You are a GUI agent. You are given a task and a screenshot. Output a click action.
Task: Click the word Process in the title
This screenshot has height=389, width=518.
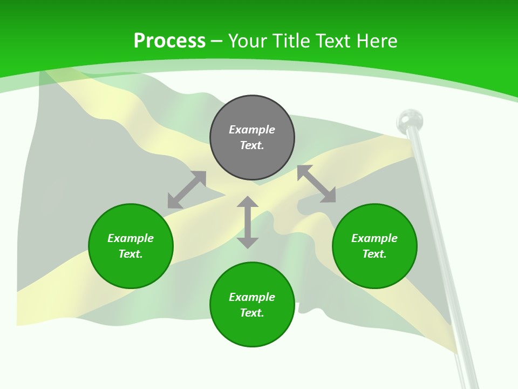pos(169,41)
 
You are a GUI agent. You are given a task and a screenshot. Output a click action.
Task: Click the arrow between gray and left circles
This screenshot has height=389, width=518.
pos(187,190)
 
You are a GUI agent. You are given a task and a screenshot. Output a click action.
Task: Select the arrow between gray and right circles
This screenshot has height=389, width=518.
pos(316,184)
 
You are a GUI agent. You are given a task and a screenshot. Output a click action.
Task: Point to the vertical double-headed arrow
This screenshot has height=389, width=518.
pos(248,222)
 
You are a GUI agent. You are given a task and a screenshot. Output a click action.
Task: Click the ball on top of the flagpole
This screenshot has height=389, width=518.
pos(410,119)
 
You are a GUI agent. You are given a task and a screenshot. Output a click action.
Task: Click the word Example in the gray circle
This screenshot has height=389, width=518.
pos(252,130)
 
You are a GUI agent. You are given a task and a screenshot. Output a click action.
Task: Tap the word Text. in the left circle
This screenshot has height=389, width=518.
pos(131,254)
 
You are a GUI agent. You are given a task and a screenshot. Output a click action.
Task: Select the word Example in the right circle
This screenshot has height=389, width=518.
pos(374,238)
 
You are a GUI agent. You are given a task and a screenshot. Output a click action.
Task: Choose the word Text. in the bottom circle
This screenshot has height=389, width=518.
pos(252,313)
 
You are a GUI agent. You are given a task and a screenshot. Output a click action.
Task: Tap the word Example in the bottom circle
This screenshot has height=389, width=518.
pos(252,297)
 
